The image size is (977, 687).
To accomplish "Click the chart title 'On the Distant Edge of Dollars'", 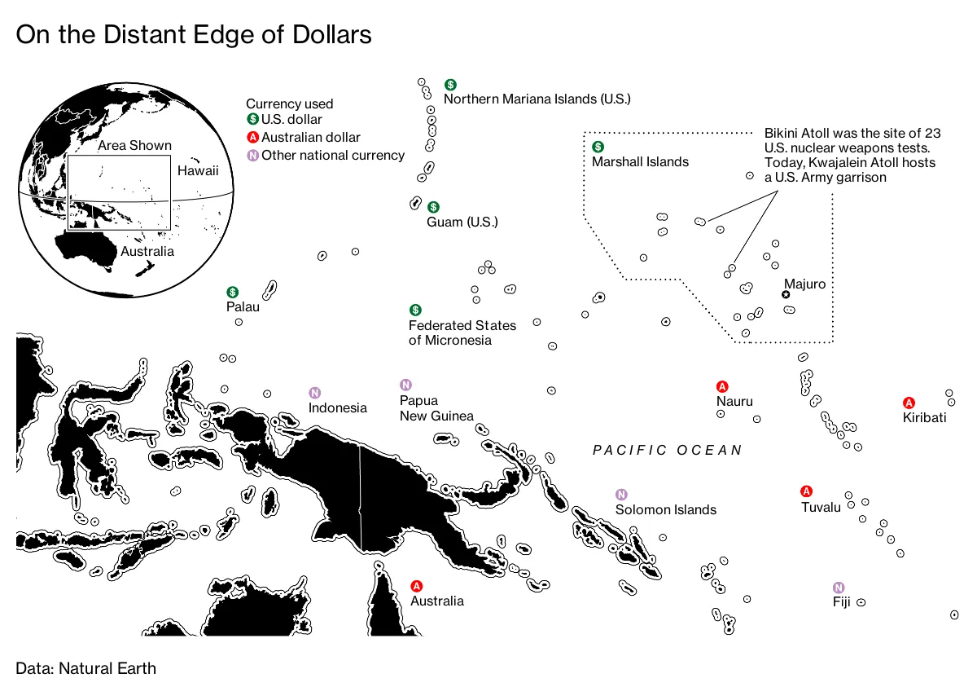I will [x=194, y=35].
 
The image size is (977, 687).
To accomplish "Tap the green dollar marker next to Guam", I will [x=434, y=207].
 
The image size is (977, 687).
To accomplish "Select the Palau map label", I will [x=243, y=306].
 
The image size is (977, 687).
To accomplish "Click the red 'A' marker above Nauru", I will [x=721, y=386].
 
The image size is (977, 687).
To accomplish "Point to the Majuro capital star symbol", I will [x=786, y=294].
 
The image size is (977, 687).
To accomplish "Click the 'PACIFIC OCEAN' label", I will [x=668, y=450].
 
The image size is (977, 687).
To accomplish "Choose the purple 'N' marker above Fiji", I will [x=838, y=588].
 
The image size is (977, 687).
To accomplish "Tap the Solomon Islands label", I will [x=665, y=509].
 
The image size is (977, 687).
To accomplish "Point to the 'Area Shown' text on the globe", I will [x=134, y=146].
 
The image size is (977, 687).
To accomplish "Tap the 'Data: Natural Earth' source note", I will [x=85, y=668].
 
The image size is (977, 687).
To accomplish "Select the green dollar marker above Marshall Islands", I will [x=598, y=147].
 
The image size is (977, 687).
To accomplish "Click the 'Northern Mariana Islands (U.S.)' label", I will [x=537, y=99].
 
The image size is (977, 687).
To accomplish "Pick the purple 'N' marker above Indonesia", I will [x=314, y=393].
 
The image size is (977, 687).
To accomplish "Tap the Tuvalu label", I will [x=820, y=507].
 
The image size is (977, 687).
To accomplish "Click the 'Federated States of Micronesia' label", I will [x=462, y=332].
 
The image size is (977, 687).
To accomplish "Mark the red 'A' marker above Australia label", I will [x=417, y=586].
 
